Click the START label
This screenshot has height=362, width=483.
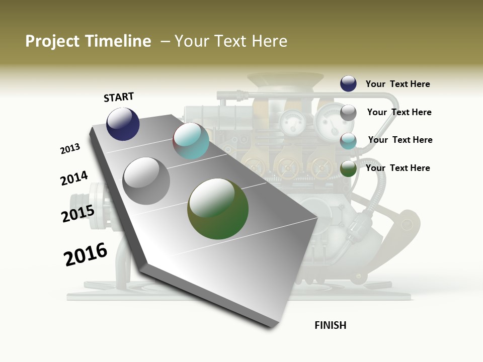point(119,97)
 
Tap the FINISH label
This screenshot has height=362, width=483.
point(331,325)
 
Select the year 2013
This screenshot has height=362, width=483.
point(70,149)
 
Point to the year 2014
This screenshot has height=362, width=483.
point(74,178)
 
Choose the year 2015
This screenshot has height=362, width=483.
point(78,214)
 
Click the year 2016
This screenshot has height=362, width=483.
point(86,254)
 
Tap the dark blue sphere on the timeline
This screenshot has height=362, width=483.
point(123,124)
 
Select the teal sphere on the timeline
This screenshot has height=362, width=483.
point(191,141)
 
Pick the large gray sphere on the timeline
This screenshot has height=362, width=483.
point(146,181)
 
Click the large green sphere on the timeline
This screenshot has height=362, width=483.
point(218,209)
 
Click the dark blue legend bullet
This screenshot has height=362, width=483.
point(348,83)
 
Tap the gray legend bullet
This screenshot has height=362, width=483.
point(348,113)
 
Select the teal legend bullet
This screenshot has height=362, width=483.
point(348,141)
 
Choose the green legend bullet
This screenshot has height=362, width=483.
point(348,169)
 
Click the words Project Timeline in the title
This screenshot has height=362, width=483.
point(88,41)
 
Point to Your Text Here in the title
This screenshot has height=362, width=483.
point(231,41)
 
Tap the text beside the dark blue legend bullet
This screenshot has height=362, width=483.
point(397,84)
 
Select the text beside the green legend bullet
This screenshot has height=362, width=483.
point(397,168)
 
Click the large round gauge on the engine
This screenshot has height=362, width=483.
point(329,122)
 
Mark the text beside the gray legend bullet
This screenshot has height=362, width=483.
point(399,112)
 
